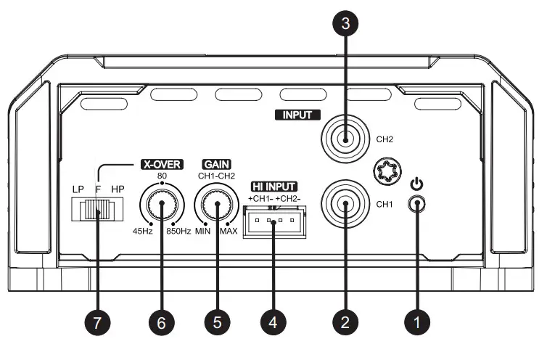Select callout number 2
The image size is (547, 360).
click(345, 319)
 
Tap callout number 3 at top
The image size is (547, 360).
click(345, 23)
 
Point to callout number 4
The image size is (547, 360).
click(273, 319)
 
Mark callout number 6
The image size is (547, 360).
click(162, 319)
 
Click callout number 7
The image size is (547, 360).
click(96, 319)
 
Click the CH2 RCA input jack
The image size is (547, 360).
click(345, 139)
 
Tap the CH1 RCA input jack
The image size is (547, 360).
click(345, 204)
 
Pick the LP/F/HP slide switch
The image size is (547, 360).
click(96, 210)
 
